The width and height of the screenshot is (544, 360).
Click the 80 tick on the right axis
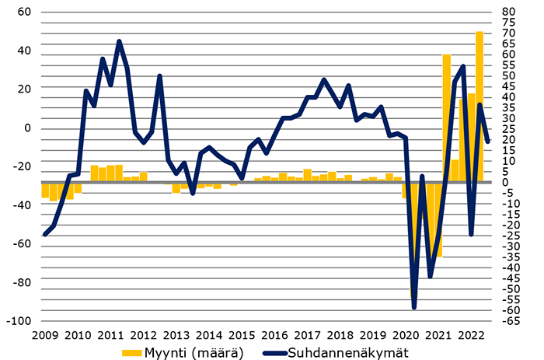point(510,12)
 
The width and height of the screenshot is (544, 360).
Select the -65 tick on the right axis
point(511,321)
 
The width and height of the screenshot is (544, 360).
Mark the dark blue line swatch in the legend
point(274,353)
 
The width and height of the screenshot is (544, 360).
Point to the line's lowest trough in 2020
point(414,308)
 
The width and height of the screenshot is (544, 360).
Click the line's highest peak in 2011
point(119,41)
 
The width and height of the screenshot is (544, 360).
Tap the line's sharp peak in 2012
point(159,75)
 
